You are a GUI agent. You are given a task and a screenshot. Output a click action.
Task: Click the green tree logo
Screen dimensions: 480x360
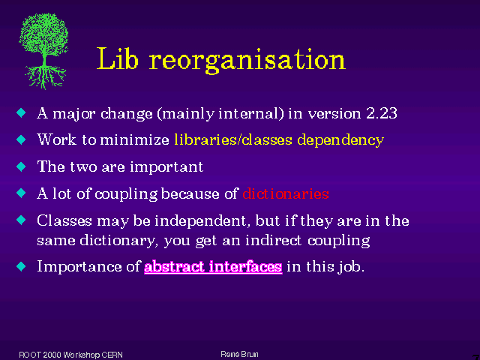pyautogui.click(x=43, y=51)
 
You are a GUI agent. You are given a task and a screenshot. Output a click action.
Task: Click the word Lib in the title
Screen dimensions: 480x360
pyautogui.click(x=118, y=58)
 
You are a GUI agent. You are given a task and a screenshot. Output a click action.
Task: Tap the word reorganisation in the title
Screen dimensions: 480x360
pyautogui.click(x=247, y=61)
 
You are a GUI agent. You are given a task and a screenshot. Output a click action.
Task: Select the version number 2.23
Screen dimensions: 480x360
pyautogui.click(x=382, y=113)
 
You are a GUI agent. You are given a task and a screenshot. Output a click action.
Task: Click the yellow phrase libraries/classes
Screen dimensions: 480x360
pyautogui.click(x=233, y=140)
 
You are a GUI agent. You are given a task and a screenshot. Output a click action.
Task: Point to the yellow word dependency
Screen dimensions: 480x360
pyautogui.click(x=340, y=141)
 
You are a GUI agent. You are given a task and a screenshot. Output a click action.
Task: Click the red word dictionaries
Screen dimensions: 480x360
pyautogui.click(x=286, y=193)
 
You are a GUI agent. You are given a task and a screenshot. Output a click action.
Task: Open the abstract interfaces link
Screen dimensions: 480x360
pyautogui.click(x=213, y=267)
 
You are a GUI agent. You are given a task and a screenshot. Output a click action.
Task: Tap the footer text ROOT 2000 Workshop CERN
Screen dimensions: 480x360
pyautogui.click(x=70, y=355)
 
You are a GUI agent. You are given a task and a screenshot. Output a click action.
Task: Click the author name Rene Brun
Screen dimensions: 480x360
pyautogui.click(x=239, y=355)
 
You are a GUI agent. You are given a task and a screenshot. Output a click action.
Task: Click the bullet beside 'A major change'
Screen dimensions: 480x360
pyautogui.click(x=22, y=112)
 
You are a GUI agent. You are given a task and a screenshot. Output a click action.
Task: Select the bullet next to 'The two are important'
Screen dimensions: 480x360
pyautogui.click(x=22, y=166)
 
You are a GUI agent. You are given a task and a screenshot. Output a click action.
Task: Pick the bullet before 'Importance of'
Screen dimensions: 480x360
pyautogui.click(x=22, y=266)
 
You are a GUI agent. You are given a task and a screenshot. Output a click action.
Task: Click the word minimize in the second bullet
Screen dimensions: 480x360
pyautogui.click(x=135, y=140)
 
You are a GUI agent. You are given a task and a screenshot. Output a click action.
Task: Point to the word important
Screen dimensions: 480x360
pyautogui.click(x=166, y=167)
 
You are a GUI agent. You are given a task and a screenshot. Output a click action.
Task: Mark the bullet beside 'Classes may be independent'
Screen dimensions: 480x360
pyautogui.click(x=22, y=220)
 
